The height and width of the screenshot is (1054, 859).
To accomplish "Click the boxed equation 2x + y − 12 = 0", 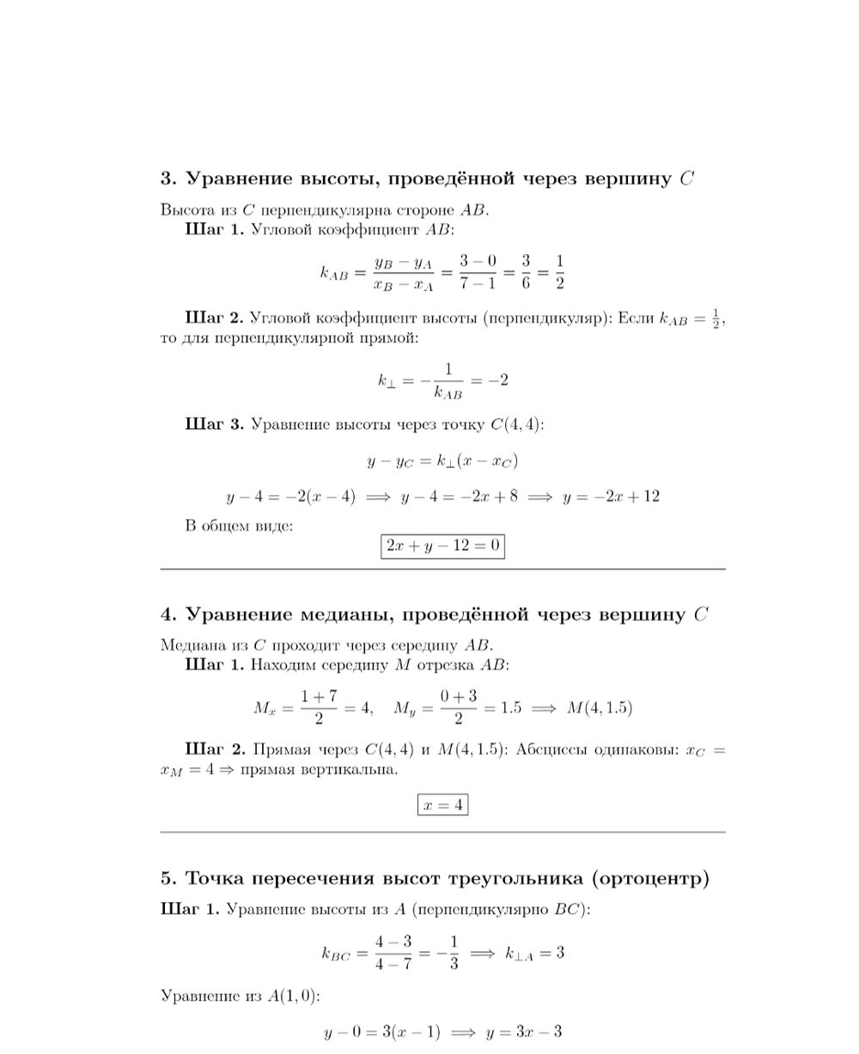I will pyautogui.click(x=442, y=546).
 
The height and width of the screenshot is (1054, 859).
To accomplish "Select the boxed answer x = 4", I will pyautogui.click(x=442, y=805).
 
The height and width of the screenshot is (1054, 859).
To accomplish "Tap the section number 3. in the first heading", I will pyautogui.click(x=168, y=179).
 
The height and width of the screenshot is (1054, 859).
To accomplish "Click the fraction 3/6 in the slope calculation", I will pyautogui.click(x=525, y=272).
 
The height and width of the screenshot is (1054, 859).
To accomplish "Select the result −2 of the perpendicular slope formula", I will pyautogui.click(x=497, y=380).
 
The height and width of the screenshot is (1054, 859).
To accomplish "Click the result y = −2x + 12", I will pyautogui.click(x=611, y=497).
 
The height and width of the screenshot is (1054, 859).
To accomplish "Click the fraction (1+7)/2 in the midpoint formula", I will pyautogui.click(x=319, y=707).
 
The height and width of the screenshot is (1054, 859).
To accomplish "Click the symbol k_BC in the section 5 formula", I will pyautogui.click(x=336, y=954).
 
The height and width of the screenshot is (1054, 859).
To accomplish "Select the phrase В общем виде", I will pyautogui.click(x=239, y=525).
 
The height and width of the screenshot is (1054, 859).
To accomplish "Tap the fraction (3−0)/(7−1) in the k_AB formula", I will pyautogui.click(x=478, y=272).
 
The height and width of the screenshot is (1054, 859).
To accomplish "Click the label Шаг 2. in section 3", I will pyautogui.click(x=214, y=318).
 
